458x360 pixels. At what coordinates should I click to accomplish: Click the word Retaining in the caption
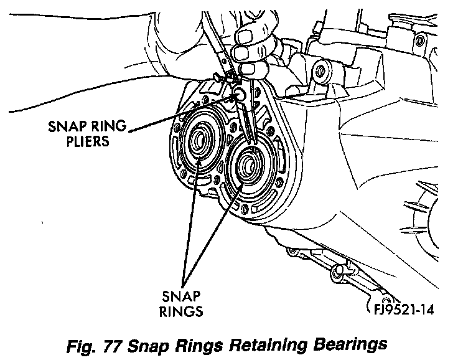(253, 344)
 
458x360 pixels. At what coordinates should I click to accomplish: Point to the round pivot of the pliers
(239, 94)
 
